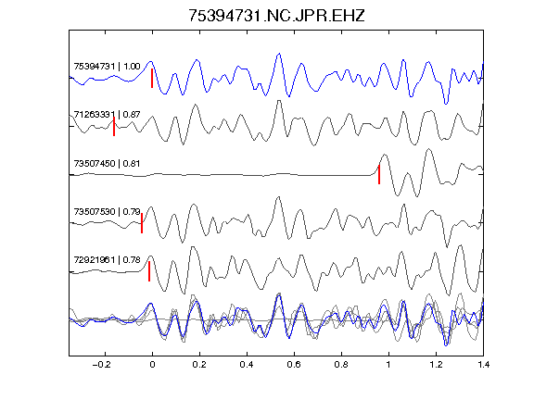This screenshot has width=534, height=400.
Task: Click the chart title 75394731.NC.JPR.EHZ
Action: point(276,16)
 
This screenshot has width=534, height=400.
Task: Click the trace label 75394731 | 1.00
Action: point(107,67)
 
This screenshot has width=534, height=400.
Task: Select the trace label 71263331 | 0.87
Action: point(107,115)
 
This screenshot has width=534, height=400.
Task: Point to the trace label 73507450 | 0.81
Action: point(107,164)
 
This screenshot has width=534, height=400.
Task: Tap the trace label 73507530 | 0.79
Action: point(107,212)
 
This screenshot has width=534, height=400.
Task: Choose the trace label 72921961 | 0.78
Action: point(107,260)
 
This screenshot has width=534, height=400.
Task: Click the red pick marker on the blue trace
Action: point(152,78)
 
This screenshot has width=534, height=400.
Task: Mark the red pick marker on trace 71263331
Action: point(114,127)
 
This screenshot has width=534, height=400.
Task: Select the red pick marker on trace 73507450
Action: point(379,175)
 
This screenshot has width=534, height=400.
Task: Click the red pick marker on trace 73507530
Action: point(142,223)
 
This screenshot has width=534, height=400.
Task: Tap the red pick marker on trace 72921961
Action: point(149,271)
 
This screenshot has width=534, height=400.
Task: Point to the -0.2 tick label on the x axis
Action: point(102,365)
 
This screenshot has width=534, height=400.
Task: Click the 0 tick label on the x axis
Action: point(152,365)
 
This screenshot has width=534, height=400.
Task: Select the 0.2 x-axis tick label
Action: point(199,365)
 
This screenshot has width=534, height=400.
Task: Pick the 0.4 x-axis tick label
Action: point(247,365)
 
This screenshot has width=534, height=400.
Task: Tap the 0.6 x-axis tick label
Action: point(294,365)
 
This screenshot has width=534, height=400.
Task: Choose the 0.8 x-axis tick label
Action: point(341,365)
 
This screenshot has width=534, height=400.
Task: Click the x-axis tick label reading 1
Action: point(388,365)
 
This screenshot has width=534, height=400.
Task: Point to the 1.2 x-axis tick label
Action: point(436,365)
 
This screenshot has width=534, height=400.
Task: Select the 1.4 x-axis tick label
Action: point(483,365)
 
